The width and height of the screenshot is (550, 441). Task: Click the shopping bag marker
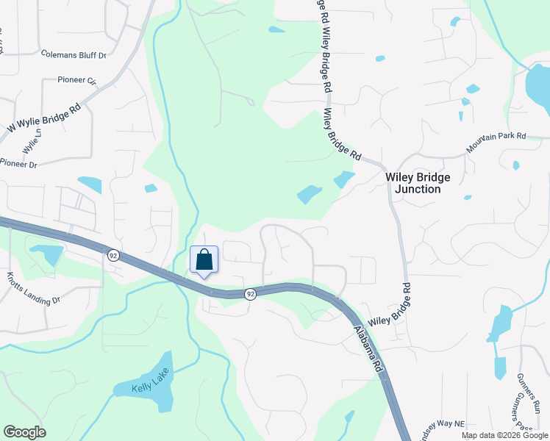click(x=204, y=260)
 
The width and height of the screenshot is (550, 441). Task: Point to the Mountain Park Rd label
click(x=496, y=143)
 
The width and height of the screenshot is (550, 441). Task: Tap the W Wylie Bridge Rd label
click(x=43, y=118)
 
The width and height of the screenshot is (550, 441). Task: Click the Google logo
click(x=24, y=432)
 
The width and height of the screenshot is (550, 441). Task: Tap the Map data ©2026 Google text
click(x=504, y=435)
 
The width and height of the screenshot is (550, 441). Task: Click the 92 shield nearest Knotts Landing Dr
click(x=113, y=255)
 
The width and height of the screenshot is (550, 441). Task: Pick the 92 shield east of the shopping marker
click(x=251, y=294)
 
